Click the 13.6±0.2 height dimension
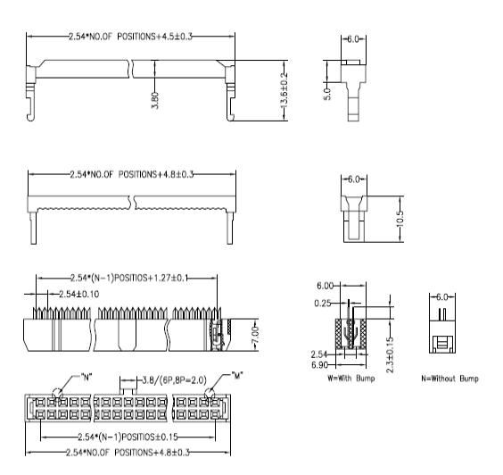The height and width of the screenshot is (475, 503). pyautogui.click(x=284, y=90)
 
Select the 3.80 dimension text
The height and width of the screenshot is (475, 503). pyautogui.click(x=154, y=101)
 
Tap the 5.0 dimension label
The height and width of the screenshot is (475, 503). pyautogui.click(x=327, y=94)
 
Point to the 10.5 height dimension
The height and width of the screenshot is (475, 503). pyautogui.click(x=400, y=219)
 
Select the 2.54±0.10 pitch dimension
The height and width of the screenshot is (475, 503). pyautogui.click(x=78, y=294)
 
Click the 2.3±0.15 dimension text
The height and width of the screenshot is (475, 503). pyautogui.click(x=390, y=354)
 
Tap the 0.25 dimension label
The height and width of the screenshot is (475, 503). pyautogui.click(x=322, y=304)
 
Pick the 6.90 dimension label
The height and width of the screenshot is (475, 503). pyautogui.click(x=319, y=365)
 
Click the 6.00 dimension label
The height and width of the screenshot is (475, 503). pyautogui.click(x=325, y=286)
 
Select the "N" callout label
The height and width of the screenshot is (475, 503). pyautogui.click(x=87, y=377)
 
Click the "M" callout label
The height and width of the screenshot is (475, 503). pyautogui.click(x=237, y=375)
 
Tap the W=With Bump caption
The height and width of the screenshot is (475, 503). pyautogui.click(x=351, y=379)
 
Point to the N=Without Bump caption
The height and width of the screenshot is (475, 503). pyautogui.click(x=449, y=379)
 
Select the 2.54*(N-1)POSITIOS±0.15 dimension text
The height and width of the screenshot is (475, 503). pyautogui.click(x=128, y=437)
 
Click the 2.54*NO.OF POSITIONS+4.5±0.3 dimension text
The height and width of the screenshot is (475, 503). pyautogui.click(x=130, y=37)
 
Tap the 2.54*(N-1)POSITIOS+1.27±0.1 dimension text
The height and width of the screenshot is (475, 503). pyautogui.click(x=129, y=278)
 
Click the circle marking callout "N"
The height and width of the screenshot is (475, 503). pyautogui.click(x=57, y=394)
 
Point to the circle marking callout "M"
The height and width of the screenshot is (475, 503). pyautogui.click(x=210, y=393)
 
